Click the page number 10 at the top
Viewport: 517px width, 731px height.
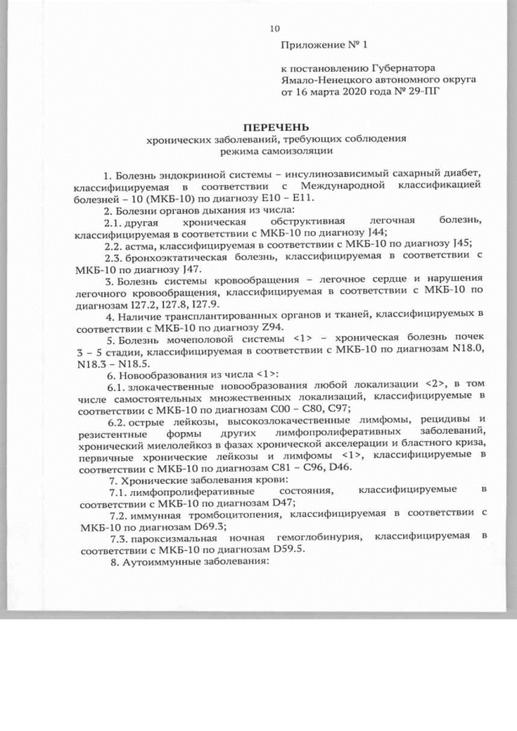(x=272, y=30)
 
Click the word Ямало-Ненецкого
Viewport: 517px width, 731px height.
(x=317, y=81)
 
